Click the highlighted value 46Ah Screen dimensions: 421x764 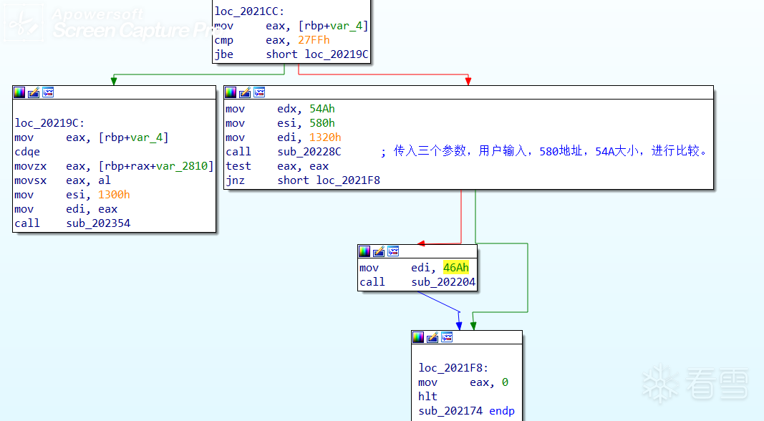click(x=456, y=268)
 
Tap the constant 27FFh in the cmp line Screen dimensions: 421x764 click(x=314, y=40)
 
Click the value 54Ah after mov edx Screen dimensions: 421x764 click(x=322, y=109)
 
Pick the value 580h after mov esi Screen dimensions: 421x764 click(x=322, y=123)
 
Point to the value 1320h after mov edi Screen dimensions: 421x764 click(x=325, y=137)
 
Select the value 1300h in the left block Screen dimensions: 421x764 click(x=114, y=195)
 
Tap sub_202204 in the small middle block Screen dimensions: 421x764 click(x=443, y=282)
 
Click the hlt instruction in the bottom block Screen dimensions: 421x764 click(x=427, y=397)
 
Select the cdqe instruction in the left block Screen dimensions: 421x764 click(x=27, y=152)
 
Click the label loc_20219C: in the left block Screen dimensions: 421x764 click(x=49, y=123)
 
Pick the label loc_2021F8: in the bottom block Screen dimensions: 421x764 click(x=453, y=368)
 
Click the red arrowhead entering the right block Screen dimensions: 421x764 click(x=468, y=80)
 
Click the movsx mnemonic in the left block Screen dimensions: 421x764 click(x=30, y=180)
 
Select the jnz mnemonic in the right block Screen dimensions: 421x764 click(x=235, y=180)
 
